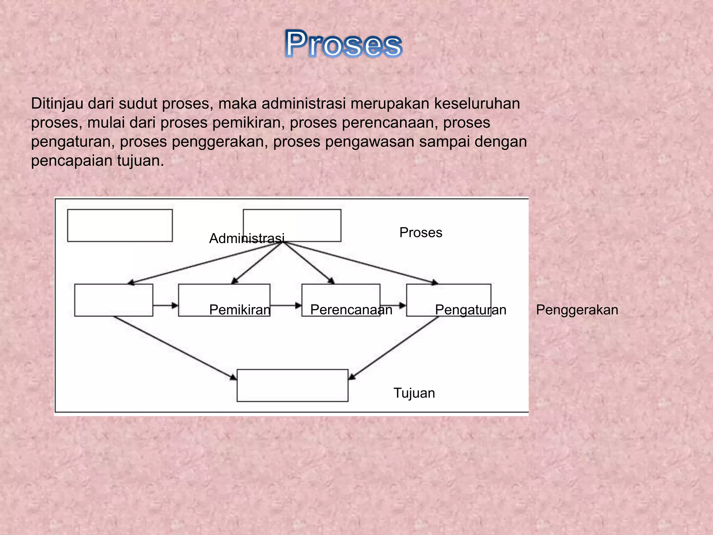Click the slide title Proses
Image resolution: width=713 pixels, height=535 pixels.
point(343,44)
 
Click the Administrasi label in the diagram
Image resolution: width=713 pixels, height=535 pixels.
point(247,239)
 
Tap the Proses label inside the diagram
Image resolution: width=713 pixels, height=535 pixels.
point(421,233)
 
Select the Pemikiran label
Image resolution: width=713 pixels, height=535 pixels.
point(240,310)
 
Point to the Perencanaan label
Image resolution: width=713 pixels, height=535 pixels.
point(351,310)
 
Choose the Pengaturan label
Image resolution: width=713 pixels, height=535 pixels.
point(471,310)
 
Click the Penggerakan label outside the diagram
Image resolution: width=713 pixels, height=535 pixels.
point(577,310)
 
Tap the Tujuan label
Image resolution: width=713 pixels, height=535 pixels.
point(414,393)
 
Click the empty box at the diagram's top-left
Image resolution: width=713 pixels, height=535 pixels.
point(120,225)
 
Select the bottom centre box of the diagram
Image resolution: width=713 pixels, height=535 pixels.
point(292,385)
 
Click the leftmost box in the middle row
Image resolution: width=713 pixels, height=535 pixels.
point(113,300)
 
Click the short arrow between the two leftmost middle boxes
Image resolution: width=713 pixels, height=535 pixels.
point(165,305)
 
